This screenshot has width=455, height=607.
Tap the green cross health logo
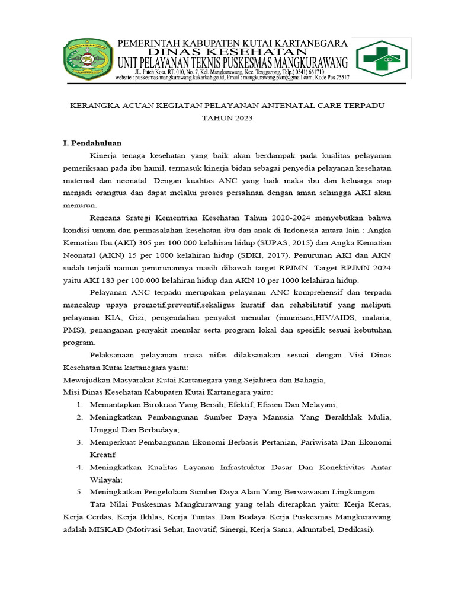click(380, 59)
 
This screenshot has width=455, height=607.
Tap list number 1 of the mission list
click(79, 405)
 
